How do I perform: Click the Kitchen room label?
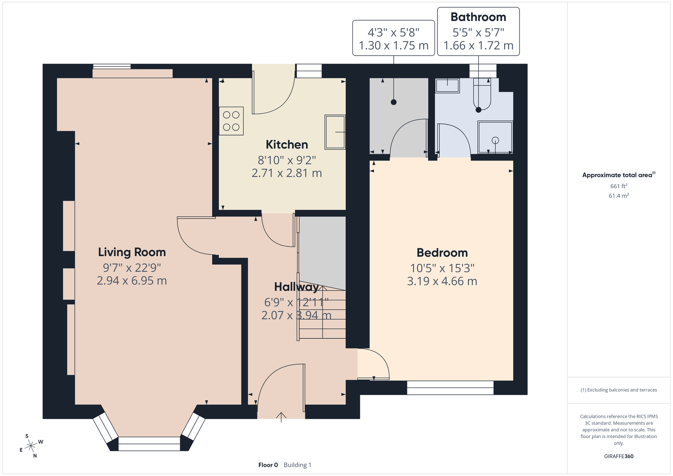(286, 145)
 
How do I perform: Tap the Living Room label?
(132, 252)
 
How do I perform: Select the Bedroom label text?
(442, 253)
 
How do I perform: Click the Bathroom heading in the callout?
(478, 17)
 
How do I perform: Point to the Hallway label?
(296, 287)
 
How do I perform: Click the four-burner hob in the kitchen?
(231, 121)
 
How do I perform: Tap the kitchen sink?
(335, 132)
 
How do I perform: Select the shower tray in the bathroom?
(495, 137)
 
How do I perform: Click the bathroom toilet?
(482, 94)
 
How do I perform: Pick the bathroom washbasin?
(448, 86)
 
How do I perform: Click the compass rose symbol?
(31, 446)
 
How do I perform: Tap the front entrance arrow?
(281, 417)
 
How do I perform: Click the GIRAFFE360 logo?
(619, 456)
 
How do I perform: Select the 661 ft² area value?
(619, 186)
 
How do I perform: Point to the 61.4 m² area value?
(619, 196)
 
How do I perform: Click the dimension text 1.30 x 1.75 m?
(394, 45)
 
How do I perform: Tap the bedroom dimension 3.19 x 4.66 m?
(442, 281)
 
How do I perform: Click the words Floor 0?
(268, 465)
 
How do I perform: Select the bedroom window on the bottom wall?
(450, 388)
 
